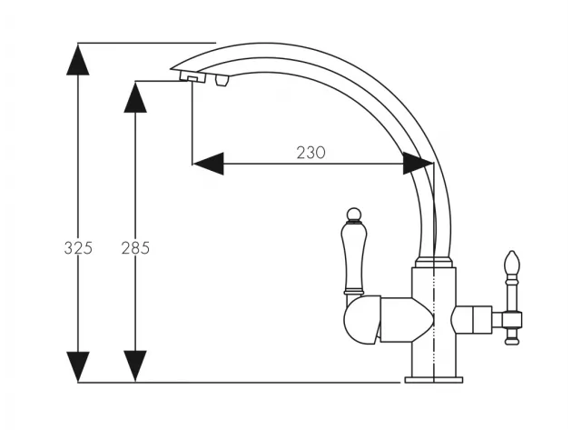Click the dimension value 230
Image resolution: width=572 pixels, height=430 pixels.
click(x=311, y=153)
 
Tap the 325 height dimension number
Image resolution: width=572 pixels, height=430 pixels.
click(x=78, y=248)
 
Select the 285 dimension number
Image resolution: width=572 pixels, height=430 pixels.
click(x=135, y=248)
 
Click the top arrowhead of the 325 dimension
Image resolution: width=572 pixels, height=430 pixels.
click(x=78, y=59)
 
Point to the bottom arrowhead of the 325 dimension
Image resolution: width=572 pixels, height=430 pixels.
click(x=78, y=366)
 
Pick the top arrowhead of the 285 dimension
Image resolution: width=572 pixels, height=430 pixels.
click(x=135, y=96)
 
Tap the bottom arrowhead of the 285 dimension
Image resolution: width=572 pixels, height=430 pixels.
click(x=135, y=366)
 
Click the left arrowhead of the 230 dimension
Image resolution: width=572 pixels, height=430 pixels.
click(x=208, y=164)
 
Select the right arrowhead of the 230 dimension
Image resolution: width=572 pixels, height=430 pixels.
click(x=418, y=164)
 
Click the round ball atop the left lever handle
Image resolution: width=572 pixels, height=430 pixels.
click(x=353, y=215)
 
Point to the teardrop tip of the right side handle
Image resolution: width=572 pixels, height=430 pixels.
click(x=512, y=262)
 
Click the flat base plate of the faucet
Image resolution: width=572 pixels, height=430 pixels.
click(x=434, y=380)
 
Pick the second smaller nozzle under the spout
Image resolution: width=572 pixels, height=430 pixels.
click(x=222, y=80)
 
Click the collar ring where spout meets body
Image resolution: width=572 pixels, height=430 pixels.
click(x=434, y=262)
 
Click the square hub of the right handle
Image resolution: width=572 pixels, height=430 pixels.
click(x=512, y=320)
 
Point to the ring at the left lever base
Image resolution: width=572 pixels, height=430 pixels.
click(x=353, y=292)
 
